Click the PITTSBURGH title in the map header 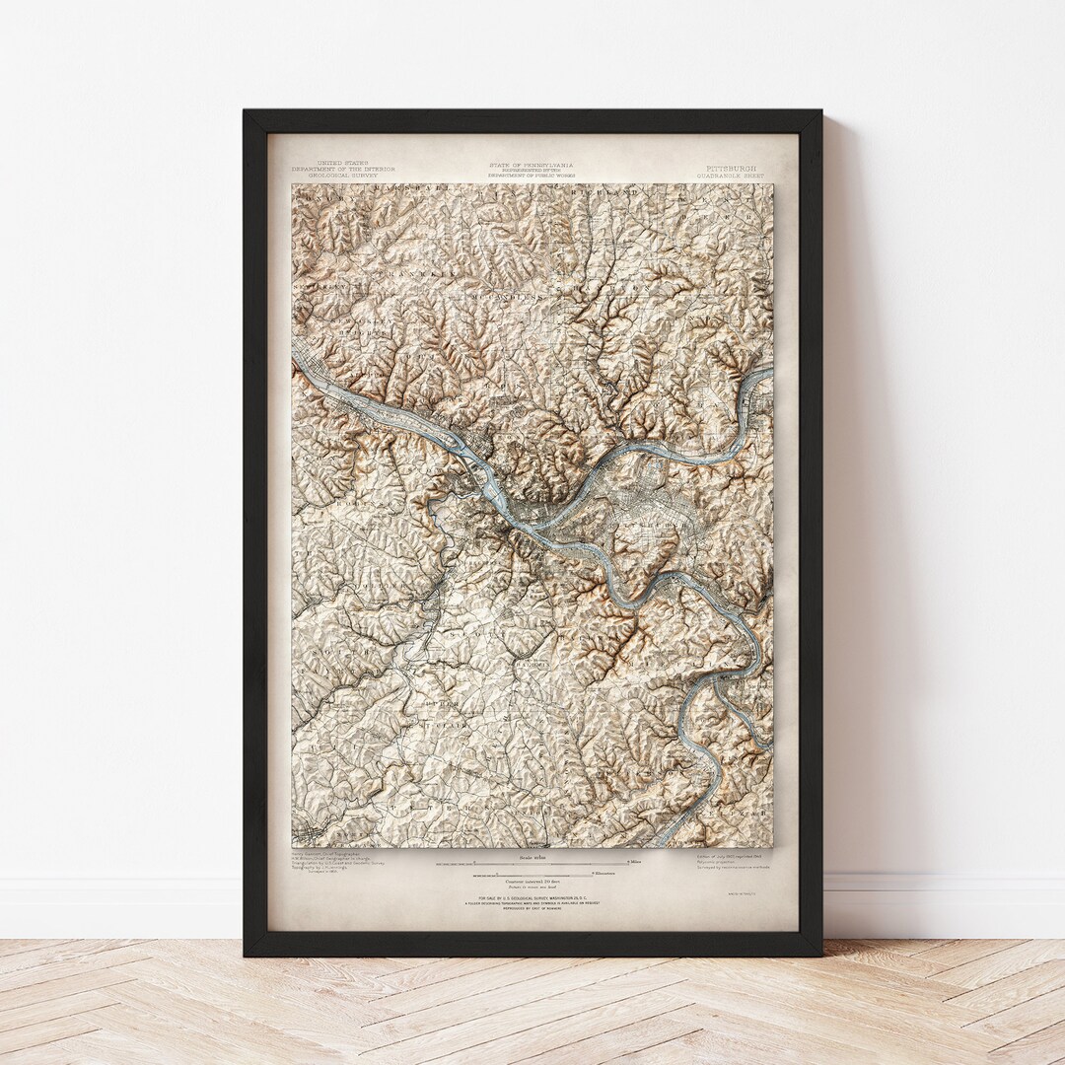(732, 169)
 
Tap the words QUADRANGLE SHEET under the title (732, 177)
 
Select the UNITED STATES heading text (342, 163)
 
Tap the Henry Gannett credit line (325, 854)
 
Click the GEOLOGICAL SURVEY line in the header (342, 176)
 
